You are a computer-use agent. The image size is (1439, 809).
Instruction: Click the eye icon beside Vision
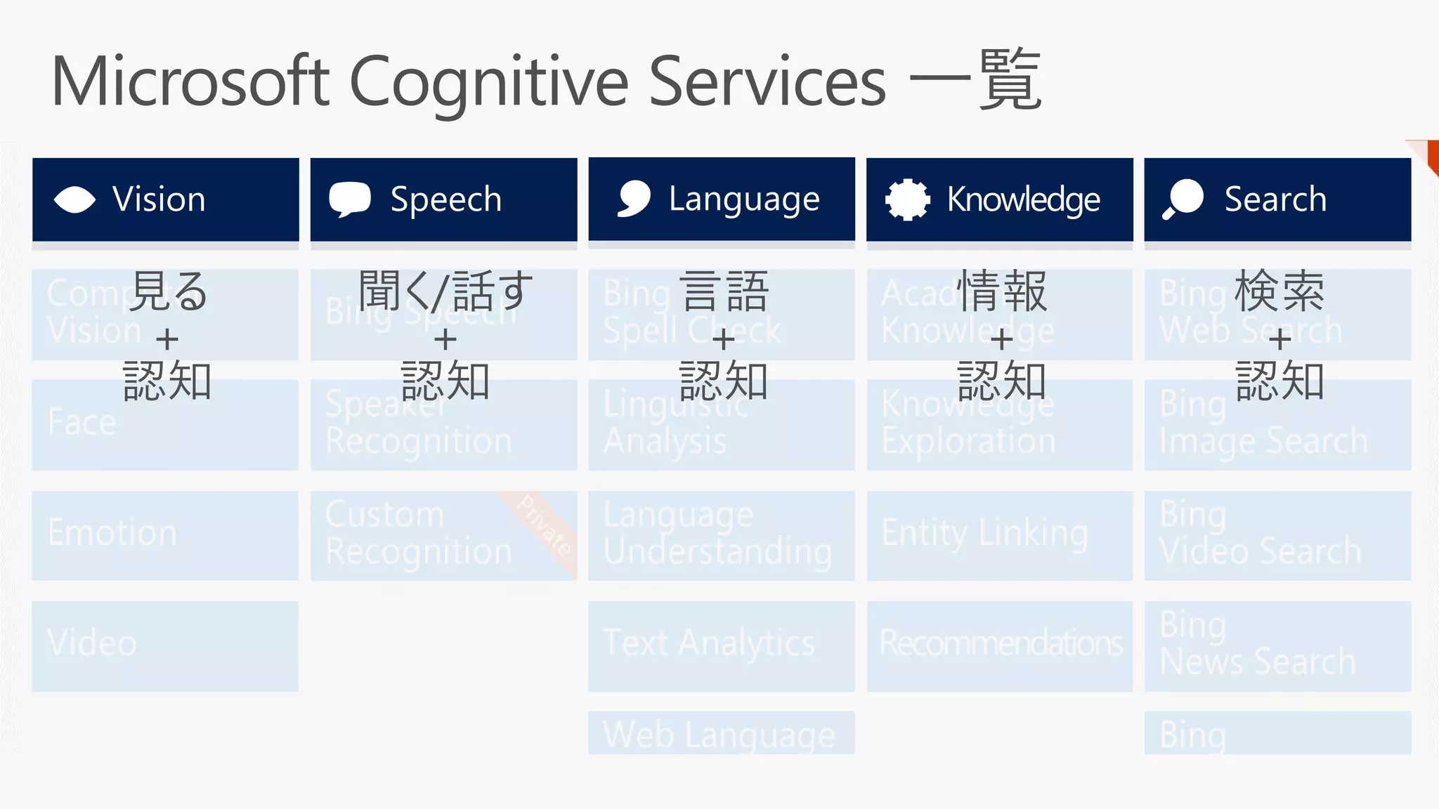(x=74, y=199)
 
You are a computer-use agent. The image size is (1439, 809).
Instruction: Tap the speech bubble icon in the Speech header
(x=349, y=199)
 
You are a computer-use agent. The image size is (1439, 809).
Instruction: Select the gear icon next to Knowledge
(x=907, y=199)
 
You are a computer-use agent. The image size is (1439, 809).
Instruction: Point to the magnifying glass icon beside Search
(x=1183, y=199)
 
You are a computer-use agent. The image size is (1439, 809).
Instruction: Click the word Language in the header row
(x=743, y=199)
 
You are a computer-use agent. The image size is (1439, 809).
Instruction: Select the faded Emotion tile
(x=165, y=535)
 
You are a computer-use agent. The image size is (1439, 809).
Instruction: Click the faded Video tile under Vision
(x=165, y=645)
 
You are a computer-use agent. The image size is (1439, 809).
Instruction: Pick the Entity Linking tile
(x=999, y=535)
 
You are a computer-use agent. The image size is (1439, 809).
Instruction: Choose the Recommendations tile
(x=999, y=645)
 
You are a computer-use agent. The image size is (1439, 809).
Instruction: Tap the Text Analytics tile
(x=721, y=645)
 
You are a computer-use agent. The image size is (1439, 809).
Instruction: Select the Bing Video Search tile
(x=1277, y=535)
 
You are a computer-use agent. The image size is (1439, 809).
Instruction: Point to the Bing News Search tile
(x=1277, y=645)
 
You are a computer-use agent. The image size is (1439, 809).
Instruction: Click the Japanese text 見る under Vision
(x=169, y=291)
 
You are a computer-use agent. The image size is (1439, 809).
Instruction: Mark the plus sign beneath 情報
(x=1001, y=340)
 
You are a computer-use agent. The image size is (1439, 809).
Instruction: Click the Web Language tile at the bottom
(x=721, y=733)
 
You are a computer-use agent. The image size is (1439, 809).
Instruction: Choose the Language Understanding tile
(x=721, y=535)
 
